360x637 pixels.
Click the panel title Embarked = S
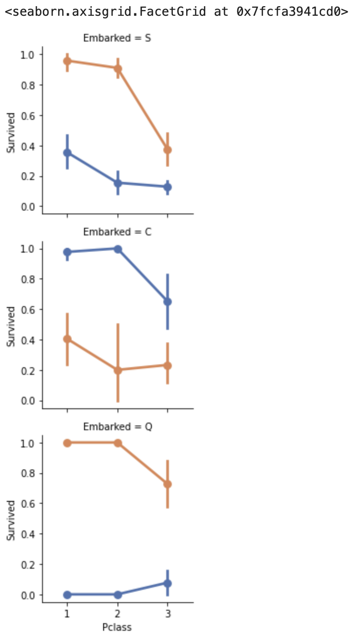(x=117, y=38)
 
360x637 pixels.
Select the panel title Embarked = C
(x=117, y=232)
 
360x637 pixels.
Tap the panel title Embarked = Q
(x=117, y=426)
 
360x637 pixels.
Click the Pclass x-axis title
(x=117, y=626)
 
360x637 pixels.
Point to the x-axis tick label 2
(x=117, y=614)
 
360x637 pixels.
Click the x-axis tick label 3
(x=167, y=614)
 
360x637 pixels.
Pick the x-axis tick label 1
(x=67, y=614)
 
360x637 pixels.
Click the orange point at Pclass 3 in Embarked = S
(x=167, y=150)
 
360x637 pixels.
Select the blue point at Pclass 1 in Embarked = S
(x=67, y=153)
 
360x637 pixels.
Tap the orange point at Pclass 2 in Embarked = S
(x=117, y=68)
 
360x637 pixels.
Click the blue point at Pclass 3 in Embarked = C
(x=167, y=302)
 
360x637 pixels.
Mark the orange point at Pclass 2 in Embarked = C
(x=117, y=370)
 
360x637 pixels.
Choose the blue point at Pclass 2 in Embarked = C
(x=117, y=249)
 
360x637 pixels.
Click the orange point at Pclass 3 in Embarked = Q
(x=167, y=484)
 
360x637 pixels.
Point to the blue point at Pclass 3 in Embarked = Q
(x=167, y=583)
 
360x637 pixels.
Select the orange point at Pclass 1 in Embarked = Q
(x=67, y=443)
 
